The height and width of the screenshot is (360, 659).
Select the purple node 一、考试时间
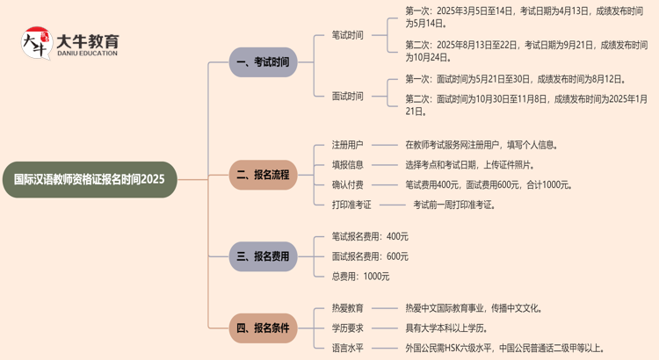(x=263, y=62)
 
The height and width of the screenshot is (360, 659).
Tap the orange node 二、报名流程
(x=263, y=175)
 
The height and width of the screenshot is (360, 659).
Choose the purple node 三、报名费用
(x=263, y=256)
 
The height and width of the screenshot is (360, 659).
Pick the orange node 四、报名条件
(x=263, y=328)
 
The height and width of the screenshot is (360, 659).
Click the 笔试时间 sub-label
(x=347, y=35)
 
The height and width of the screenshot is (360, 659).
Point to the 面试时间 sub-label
(x=347, y=96)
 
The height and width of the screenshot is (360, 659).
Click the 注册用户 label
(x=347, y=145)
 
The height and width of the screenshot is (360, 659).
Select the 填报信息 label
(x=347, y=164)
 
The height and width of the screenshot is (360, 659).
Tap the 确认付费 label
(x=347, y=184)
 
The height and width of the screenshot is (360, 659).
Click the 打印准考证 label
(x=351, y=205)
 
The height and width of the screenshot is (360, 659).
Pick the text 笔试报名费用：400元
(x=370, y=236)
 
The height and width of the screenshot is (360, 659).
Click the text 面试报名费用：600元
(x=370, y=256)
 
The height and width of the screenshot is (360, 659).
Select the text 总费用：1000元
(x=360, y=277)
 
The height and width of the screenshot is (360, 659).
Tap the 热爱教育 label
(x=347, y=308)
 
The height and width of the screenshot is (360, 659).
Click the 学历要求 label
(x=347, y=328)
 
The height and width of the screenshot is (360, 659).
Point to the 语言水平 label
(x=347, y=349)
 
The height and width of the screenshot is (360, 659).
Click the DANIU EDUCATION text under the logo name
(x=87, y=53)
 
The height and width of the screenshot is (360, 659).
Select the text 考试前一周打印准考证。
(x=454, y=205)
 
